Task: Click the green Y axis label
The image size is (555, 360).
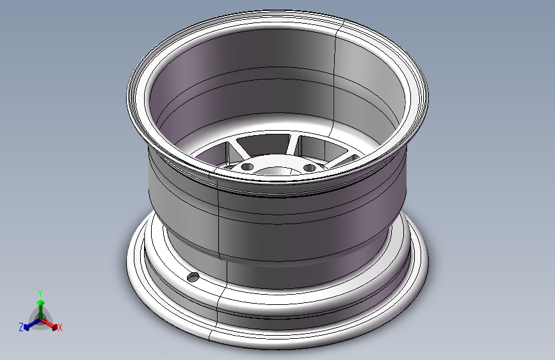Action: pyautogui.click(x=40, y=293)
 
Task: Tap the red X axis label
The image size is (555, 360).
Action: pyautogui.click(x=60, y=328)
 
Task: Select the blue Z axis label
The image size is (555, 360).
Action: pyautogui.click(x=21, y=327)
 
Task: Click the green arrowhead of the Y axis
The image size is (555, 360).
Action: pyautogui.click(x=41, y=302)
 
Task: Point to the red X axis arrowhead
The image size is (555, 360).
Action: pyautogui.click(x=54, y=327)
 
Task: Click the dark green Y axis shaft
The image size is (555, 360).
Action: pyautogui.click(x=41, y=312)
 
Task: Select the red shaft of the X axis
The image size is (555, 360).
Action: pyautogui.click(x=47, y=322)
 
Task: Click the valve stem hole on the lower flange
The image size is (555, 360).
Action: pyautogui.click(x=193, y=277)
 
